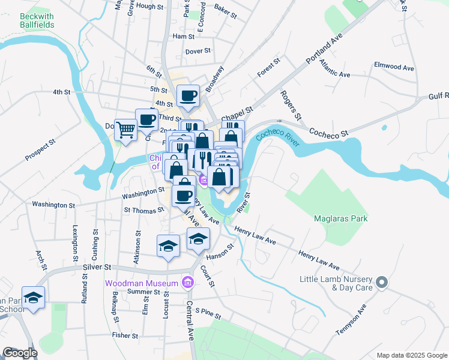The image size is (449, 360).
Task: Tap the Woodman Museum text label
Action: click(142, 283)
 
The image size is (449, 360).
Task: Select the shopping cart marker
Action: click(125, 129)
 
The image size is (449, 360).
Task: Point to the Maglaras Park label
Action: click(341, 219)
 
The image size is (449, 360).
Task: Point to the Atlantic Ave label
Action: click(334, 68)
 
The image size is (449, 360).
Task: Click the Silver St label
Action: click(97, 266)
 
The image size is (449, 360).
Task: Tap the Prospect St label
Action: click(40, 151)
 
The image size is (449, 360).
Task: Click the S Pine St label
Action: click(208, 313)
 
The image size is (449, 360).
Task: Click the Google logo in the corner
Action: click(20, 353)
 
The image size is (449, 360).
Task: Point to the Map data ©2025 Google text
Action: click(411, 355)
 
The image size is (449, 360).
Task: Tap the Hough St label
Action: click(150, 6)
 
